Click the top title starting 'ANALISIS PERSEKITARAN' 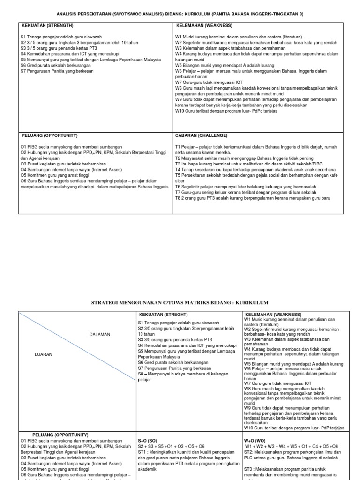click(x=180, y=14)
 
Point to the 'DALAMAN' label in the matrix click(x=100, y=334)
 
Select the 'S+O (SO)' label click(x=148, y=441)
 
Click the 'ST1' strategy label click(x=143, y=452)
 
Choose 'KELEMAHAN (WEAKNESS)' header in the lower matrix click(x=273, y=314)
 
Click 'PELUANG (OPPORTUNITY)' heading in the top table click(x=50, y=135)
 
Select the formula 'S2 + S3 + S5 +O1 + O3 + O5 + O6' click(x=171, y=447)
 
